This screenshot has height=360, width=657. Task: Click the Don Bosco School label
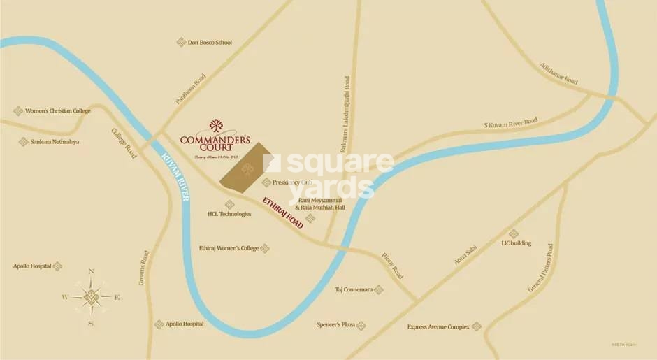click(x=210, y=43)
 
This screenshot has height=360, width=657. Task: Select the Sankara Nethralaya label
click(x=55, y=142)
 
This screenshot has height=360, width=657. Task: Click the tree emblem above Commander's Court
click(x=216, y=127)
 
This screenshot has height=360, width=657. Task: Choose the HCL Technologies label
click(x=229, y=214)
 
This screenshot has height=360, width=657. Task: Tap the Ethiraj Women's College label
click(x=229, y=248)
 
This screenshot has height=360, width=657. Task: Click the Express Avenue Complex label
click(x=439, y=326)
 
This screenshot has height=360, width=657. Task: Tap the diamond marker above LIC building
click(x=514, y=234)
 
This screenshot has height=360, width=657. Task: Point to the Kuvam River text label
click(x=175, y=178)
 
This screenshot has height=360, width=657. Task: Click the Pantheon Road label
click(x=190, y=89)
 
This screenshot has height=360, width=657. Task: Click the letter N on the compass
click(x=91, y=272)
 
